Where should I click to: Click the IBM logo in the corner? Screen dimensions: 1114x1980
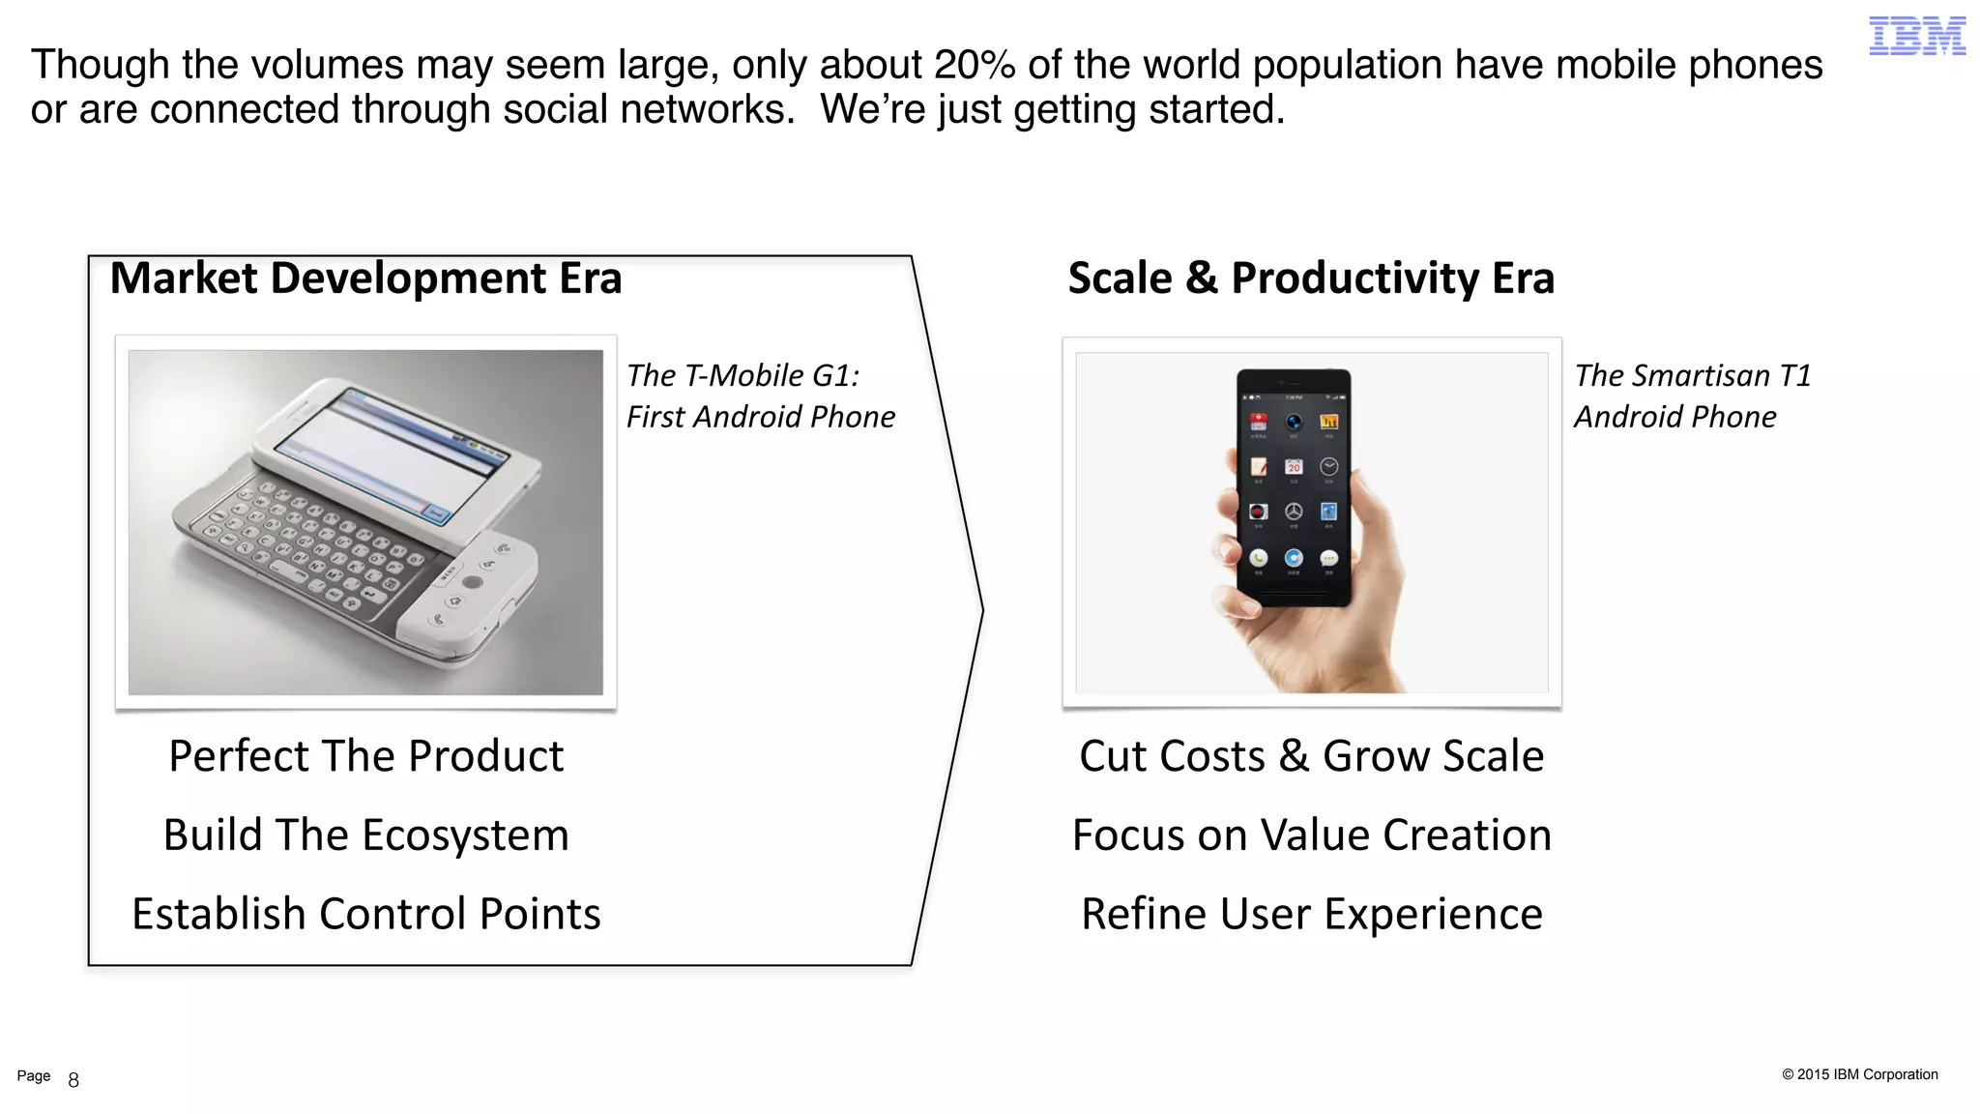pyautogui.click(x=1916, y=36)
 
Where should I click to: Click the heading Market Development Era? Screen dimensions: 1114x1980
pyautogui.click(x=365, y=278)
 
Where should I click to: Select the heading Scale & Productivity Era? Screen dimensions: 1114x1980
pyautogui.click(x=1311, y=278)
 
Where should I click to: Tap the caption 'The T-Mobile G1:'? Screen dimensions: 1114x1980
pyautogui.click(x=742, y=375)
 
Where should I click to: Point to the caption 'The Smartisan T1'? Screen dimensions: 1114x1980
pyautogui.click(x=1692, y=375)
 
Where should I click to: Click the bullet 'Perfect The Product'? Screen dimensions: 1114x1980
pyautogui.click(x=365, y=756)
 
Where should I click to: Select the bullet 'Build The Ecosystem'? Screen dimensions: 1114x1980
pyautogui.click(x=365, y=835)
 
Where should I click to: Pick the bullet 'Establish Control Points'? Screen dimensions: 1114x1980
pyautogui.click(x=365, y=914)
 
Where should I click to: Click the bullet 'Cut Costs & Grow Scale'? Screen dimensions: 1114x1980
pyautogui.click(x=1311, y=756)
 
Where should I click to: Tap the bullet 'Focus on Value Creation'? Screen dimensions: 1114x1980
pyautogui.click(x=1311, y=835)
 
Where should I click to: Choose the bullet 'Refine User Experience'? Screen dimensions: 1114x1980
pyautogui.click(x=1311, y=914)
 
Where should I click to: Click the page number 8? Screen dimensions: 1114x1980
pyautogui.click(x=73, y=1080)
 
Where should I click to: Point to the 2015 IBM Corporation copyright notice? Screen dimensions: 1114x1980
pyautogui.click(x=1859, y=1074)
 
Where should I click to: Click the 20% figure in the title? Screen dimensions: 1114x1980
pyautogui.click(x=975, y=66)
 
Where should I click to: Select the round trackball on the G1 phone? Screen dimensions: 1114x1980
pyautogui.click(x=472, y=582)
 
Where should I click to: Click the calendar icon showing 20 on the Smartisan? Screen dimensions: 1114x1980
pyautogui.click(x=1294, y=467)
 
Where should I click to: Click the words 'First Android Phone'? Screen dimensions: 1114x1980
pyautogui.click(x=760, y=417)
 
